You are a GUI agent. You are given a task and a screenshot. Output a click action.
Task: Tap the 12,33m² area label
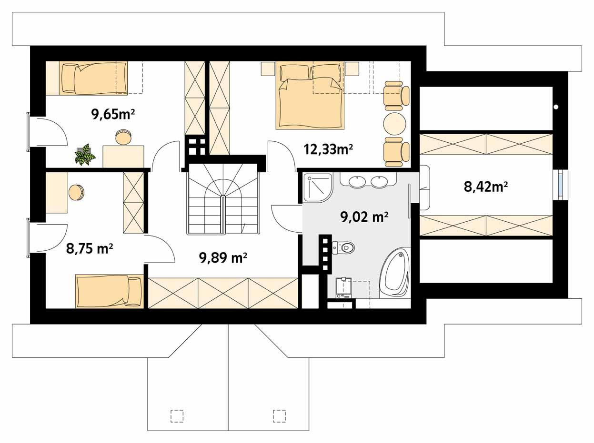pos(328,149)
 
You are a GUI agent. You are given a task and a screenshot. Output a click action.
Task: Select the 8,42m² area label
pos(485,187)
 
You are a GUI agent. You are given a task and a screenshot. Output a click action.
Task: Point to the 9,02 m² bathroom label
pos(364,217)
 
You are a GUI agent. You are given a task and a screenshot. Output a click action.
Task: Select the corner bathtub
pos(394,273)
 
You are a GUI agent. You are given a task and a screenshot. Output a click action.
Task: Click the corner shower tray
pos(317,187)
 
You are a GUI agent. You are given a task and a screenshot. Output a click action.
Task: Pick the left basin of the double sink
pos(357,181)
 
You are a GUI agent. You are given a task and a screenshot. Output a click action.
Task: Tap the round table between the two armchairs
pos(394,124)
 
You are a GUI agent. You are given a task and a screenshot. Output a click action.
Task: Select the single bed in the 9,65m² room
pos(94,78)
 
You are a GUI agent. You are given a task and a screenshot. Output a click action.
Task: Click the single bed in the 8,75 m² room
pos(109,291)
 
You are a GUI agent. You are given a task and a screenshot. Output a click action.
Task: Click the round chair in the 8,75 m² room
pos(76,193)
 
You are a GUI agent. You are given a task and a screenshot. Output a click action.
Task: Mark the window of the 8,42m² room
pos(561,185)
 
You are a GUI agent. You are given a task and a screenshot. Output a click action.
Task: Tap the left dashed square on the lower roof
pos(177,415)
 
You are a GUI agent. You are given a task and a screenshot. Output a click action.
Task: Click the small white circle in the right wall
pos(556,107)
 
